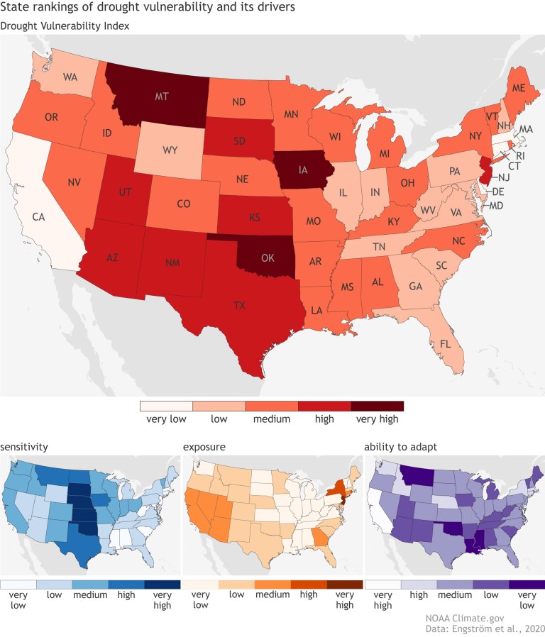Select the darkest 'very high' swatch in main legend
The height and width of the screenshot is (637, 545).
pyautogui.click(x=377, y=406)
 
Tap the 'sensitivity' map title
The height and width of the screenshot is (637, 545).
pyautogui.click(x=26, y=447)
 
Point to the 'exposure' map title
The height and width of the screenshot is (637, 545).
pyautogui.click(x=204, y=447)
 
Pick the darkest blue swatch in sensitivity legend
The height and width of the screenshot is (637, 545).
pyautogui.click(x=163, y=585)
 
